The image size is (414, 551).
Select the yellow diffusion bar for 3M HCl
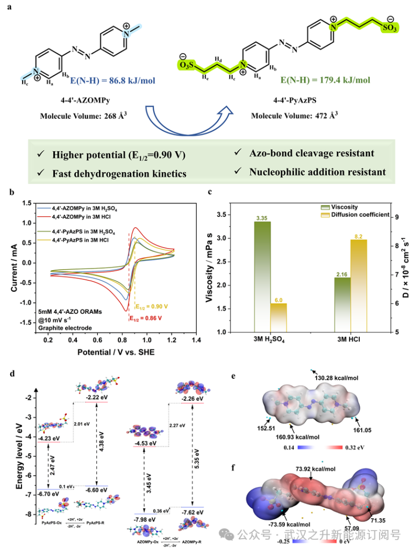358,285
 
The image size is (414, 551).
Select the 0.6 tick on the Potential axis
97,341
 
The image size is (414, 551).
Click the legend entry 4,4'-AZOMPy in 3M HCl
85,216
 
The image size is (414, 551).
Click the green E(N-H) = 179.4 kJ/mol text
326,80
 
